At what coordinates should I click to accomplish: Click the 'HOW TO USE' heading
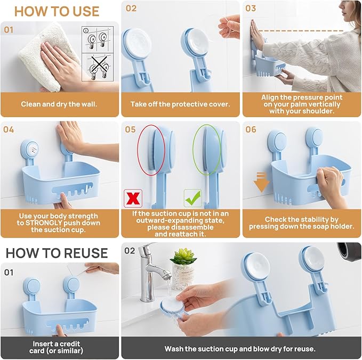(57, 11)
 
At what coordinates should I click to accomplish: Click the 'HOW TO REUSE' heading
(57, 252)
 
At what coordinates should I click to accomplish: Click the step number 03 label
(251, 9)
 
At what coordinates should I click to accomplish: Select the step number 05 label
(131, 129)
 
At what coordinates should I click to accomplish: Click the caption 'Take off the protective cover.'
(180, 104)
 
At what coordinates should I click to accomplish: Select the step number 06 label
(251, 129)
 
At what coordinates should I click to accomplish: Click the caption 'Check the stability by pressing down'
(301, 223)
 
